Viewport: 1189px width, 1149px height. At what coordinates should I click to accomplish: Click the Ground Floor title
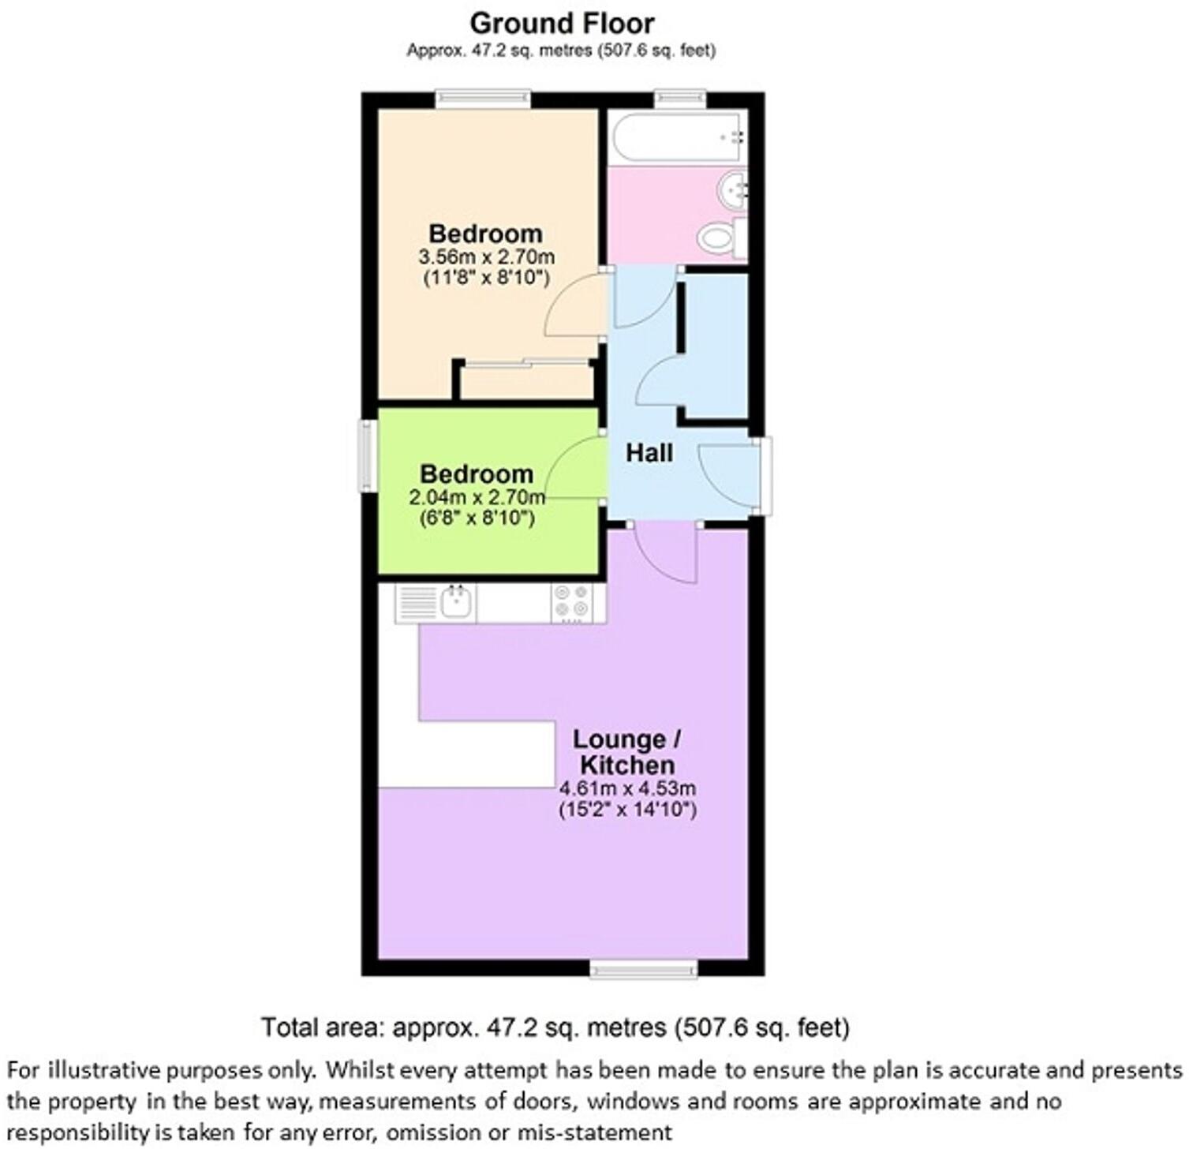pos(562,23)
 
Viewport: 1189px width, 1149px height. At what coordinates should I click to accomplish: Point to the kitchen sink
pos(456,603)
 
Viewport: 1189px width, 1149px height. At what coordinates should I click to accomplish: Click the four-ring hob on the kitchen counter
pos(572,602)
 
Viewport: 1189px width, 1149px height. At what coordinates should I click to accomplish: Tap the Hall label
pos(649,453)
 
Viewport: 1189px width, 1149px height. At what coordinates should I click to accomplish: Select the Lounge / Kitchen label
pos(626,752)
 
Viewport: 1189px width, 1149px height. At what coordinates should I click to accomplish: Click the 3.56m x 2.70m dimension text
pos(486,257)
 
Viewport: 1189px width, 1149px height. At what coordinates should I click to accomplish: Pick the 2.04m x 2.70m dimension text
pos(477,498)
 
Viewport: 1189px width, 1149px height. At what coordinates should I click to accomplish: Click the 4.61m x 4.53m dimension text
pos(627,788)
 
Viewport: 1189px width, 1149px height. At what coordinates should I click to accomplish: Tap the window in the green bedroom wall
pos(368,455)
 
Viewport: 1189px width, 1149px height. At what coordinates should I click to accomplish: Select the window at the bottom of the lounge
pos(644,968)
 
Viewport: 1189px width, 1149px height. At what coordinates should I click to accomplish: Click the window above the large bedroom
pos(483,98)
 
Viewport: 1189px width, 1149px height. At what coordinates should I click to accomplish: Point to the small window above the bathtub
pos(680,98)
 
